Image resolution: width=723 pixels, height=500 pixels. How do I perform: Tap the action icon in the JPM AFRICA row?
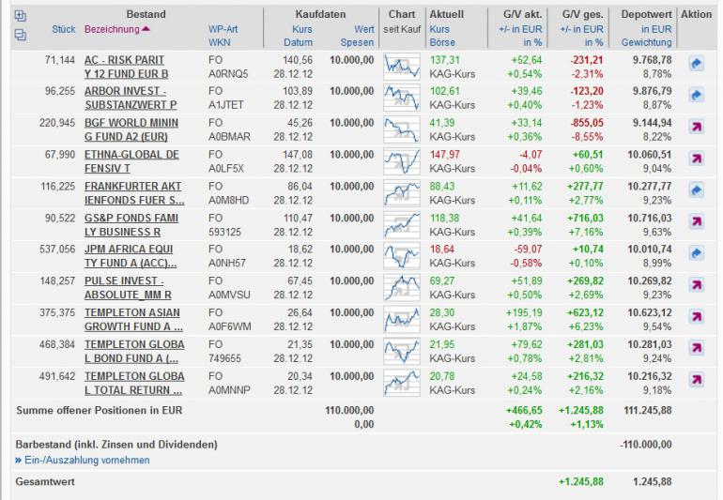click(x=696, y=251)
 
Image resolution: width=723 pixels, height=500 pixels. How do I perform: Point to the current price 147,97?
click(x=445, y=155)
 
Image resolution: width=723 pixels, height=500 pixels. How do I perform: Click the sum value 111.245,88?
click(x=646, y=410)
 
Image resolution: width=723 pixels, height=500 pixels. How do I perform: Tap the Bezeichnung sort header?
click(x=111, y=30)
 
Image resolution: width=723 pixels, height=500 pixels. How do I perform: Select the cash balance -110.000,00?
click(x=646, y=444)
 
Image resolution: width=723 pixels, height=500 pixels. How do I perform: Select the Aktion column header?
click(x=696, y=15)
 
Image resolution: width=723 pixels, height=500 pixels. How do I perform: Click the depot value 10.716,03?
click(x=647, y=219)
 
